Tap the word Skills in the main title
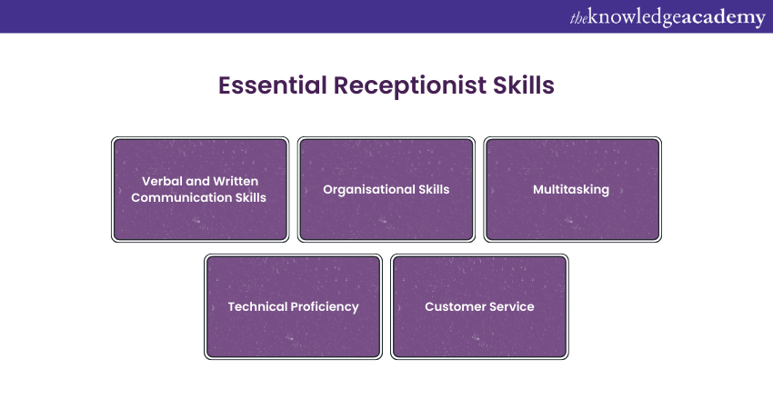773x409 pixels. [519, 86]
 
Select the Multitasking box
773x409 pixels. [572, 190]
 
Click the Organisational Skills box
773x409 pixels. [386, 190]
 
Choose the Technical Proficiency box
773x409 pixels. [293, 306]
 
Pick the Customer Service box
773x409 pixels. [479, 306]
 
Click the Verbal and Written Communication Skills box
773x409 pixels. [199, 190]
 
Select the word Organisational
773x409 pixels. [366, 190]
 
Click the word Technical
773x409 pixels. [257, 306]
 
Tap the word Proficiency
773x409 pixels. [325, 306]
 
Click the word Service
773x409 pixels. [512, 306]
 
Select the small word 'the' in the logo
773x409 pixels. [579, 18]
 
